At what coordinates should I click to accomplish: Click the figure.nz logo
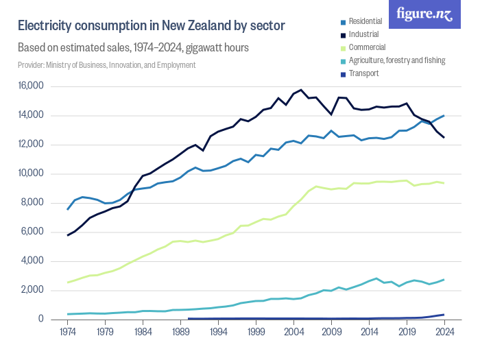(425, 14)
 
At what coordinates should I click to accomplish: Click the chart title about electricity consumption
(151, 26)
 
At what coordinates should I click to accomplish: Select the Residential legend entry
(367, 22)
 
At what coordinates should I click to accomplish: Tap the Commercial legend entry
(367, 48)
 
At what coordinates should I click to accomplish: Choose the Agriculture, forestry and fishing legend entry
(397, 60)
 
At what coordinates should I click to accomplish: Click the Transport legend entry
(363, 73)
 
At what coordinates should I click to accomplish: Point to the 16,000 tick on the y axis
(30, 86)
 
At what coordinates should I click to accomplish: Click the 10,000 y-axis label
(30, 173)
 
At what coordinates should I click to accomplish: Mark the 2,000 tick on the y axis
(32, 290)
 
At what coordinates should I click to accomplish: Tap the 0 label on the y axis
(40, 320)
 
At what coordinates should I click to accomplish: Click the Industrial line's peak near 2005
(301, 90)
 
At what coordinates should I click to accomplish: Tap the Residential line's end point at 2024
(444, 115)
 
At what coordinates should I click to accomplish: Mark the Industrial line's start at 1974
(67, 235)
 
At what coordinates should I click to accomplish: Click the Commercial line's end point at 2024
(444, 183)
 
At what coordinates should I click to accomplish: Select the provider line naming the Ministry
(106, 65)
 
